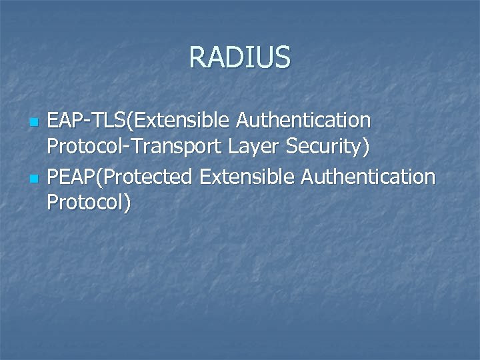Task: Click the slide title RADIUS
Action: pos(240,57)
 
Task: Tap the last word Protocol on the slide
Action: pos(85,203)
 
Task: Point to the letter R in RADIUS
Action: pos(198,57)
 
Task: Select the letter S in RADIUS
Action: pos(283,57)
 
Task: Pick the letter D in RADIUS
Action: pos(233,57)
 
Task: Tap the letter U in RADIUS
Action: pos(266,57)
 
